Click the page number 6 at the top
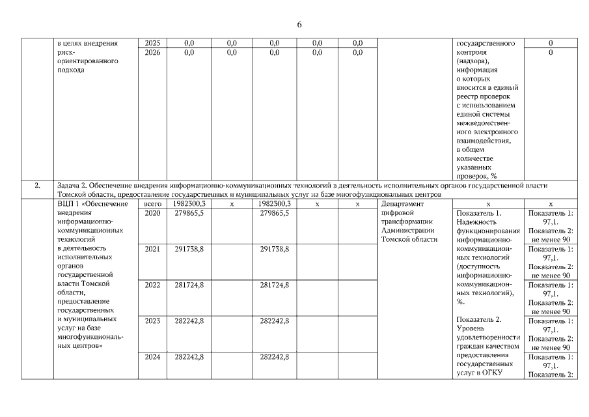299,24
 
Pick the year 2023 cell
152,321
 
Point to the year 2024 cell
152,356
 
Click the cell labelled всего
152,204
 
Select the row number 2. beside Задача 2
37,186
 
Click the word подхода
72,70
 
